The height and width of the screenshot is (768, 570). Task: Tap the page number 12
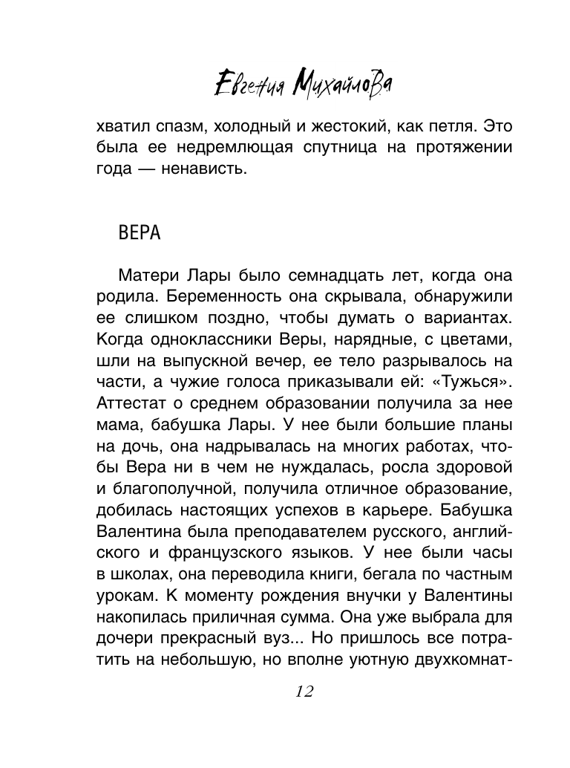(304, 691)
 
